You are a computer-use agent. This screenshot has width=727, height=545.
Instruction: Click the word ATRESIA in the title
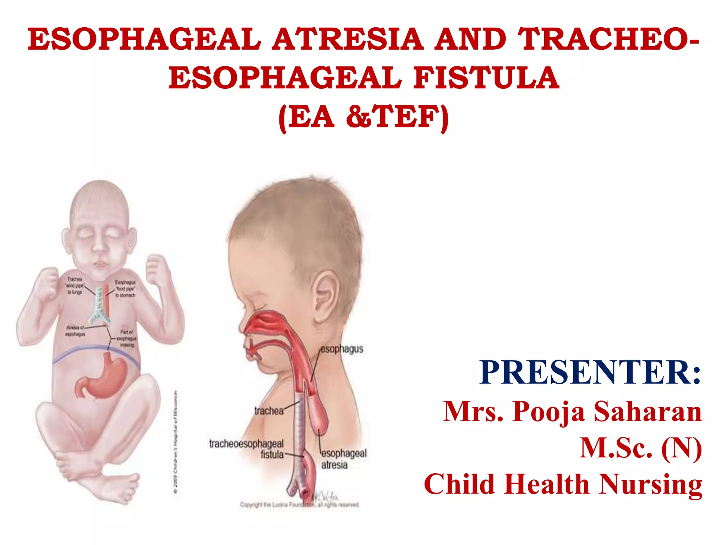348,39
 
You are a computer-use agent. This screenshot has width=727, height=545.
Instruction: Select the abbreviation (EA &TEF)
363,117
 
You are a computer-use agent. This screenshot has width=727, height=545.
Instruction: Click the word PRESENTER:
590,372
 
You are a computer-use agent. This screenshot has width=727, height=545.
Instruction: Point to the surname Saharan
648,412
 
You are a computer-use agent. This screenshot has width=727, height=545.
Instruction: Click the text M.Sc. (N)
640,448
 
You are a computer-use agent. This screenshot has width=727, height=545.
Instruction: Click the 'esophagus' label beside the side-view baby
342,349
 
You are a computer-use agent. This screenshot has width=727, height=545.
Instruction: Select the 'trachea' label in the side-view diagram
269,411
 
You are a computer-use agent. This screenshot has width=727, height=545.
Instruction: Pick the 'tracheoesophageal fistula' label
247,449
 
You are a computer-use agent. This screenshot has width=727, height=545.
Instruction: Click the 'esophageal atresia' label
343,459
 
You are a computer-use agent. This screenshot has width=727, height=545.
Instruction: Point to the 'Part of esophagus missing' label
127,338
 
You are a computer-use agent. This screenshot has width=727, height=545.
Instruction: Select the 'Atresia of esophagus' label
75,331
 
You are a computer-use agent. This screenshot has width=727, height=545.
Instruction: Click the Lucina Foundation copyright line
300,505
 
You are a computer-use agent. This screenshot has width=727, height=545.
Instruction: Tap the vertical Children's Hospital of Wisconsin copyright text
176,442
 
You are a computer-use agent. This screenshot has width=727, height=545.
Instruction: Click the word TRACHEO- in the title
608,39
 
